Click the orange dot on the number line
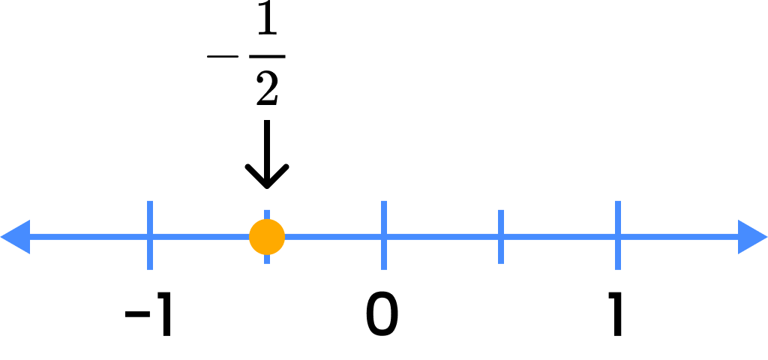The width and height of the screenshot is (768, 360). (x=267, y=237)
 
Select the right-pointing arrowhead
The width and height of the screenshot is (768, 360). (x=752, y=237)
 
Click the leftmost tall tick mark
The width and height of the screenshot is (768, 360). (x=150, y=235)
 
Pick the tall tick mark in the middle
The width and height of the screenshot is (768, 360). (x=384, y=235)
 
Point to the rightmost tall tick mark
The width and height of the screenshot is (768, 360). (x=618, y=235)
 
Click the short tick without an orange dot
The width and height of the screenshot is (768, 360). (x=501, y=237)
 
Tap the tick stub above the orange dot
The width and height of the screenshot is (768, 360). (x=267, y=214)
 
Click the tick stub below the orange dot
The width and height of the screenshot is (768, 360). (x=267, y=259)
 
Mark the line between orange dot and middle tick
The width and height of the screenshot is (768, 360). (x=334, y=237)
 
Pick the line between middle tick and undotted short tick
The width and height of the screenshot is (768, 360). (x=442, y=237)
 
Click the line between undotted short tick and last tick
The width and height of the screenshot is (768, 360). (x=559, y=237)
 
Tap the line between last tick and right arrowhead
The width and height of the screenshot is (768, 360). (x=678, y=237)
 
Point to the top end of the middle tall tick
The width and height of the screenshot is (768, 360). (x=384, y=202)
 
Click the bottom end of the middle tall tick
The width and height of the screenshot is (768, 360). (x=384, y=268)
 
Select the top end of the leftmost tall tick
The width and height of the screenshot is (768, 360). (x=150, y=202)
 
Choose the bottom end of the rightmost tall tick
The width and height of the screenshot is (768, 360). (x=618, y=268)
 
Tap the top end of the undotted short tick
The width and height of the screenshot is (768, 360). (x=501, y=211)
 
